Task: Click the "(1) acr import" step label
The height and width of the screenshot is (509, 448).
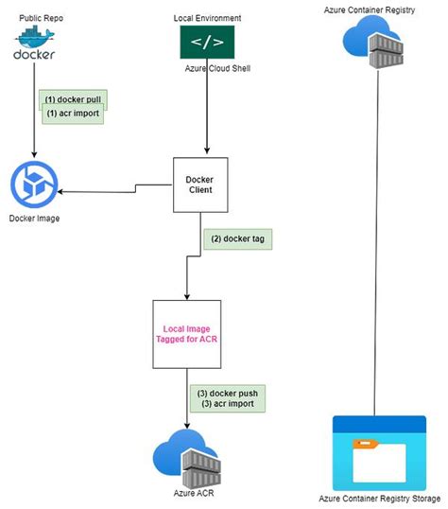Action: click(x=74, y=113)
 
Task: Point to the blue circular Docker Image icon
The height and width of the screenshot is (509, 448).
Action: click(x=34, y=184)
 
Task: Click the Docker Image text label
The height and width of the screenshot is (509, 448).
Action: click(x=35, y=219)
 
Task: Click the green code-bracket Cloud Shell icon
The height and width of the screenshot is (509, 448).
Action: click(x=207, y=43)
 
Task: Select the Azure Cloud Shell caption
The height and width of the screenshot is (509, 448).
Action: click(x=214, y=69)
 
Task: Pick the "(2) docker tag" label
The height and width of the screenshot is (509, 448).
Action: click(x=237, y=239)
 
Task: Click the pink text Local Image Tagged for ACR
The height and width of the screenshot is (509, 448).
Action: click(x=187, y=334)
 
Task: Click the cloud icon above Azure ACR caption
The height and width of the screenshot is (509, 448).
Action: click(x=188, y=455)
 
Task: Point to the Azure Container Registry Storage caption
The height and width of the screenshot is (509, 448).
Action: click(x=377, y=499)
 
